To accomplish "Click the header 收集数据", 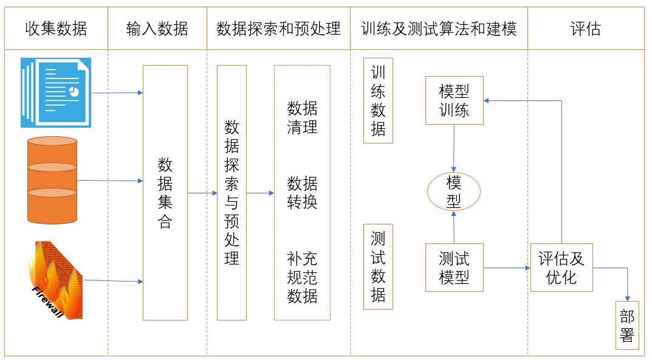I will tap(56, 29).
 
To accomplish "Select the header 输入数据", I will tap(157, 29).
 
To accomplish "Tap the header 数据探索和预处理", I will tap(278, 29).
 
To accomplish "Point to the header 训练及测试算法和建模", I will tap(439, 29).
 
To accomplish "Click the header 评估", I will tap(586, 29).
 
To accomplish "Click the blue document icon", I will tap(56, 92).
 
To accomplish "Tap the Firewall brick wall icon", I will tap(55, 280).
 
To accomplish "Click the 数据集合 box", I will tap(165, 193).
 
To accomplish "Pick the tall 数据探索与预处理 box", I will tap(232, 193).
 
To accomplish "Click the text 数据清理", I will tap(302, 118).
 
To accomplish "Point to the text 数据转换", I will tap(302, 192).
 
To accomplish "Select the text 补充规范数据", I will tap(302, 277).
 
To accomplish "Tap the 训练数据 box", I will tap(378, 101).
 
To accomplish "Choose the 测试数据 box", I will tap(378, 267).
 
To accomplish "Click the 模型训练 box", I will tap(454, 100).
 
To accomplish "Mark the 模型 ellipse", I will tap(454, 192).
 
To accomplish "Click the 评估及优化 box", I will tap(561, 268).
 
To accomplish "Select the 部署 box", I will tap(627, 325).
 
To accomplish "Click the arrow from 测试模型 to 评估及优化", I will tap(507, 267).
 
